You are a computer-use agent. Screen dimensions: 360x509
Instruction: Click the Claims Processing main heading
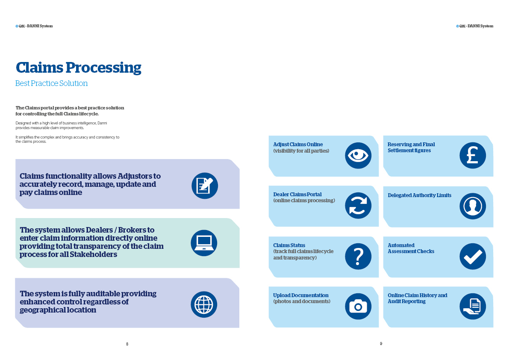click(78, 68)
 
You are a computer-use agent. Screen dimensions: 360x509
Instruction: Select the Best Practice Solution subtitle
click(51, 83)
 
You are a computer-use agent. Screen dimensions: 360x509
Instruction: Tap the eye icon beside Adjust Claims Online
click(358, 156)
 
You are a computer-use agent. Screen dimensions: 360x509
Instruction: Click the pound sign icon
click(473, 156)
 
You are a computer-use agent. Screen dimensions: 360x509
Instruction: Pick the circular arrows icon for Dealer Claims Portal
click(358, 206)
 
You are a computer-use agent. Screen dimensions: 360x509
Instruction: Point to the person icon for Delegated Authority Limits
click(473, 206)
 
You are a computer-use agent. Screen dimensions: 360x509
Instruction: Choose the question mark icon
click(358, 256)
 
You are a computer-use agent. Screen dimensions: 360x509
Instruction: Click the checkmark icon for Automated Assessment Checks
click(473, 256)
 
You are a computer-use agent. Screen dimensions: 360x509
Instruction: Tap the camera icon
click(358, 306)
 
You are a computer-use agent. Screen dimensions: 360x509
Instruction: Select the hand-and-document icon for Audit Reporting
click(473, 306)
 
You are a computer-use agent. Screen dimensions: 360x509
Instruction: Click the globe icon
click(204, 304)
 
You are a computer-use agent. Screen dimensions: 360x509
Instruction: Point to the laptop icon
click(204, 243)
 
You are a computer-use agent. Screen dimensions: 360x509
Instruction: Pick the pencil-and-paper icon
click(205, 186)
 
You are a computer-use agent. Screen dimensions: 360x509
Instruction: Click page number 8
click(127, 344)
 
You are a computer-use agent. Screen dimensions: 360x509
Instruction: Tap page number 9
click(381, 344)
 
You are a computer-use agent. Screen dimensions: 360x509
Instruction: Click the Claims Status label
click(289, 245)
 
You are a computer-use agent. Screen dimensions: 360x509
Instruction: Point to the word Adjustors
click(139, 176)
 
